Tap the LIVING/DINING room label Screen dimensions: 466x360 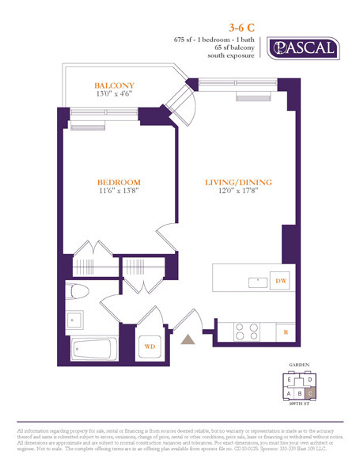[238, 182]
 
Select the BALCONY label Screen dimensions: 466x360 [114, 85]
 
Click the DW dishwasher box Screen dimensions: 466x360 [280, 281]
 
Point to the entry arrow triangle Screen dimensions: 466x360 [188, 339]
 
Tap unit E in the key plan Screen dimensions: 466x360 [290, 380]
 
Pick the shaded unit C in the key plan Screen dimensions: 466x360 [310, 392]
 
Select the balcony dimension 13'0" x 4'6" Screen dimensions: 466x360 [114, 93]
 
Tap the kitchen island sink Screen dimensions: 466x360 [256, 280]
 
